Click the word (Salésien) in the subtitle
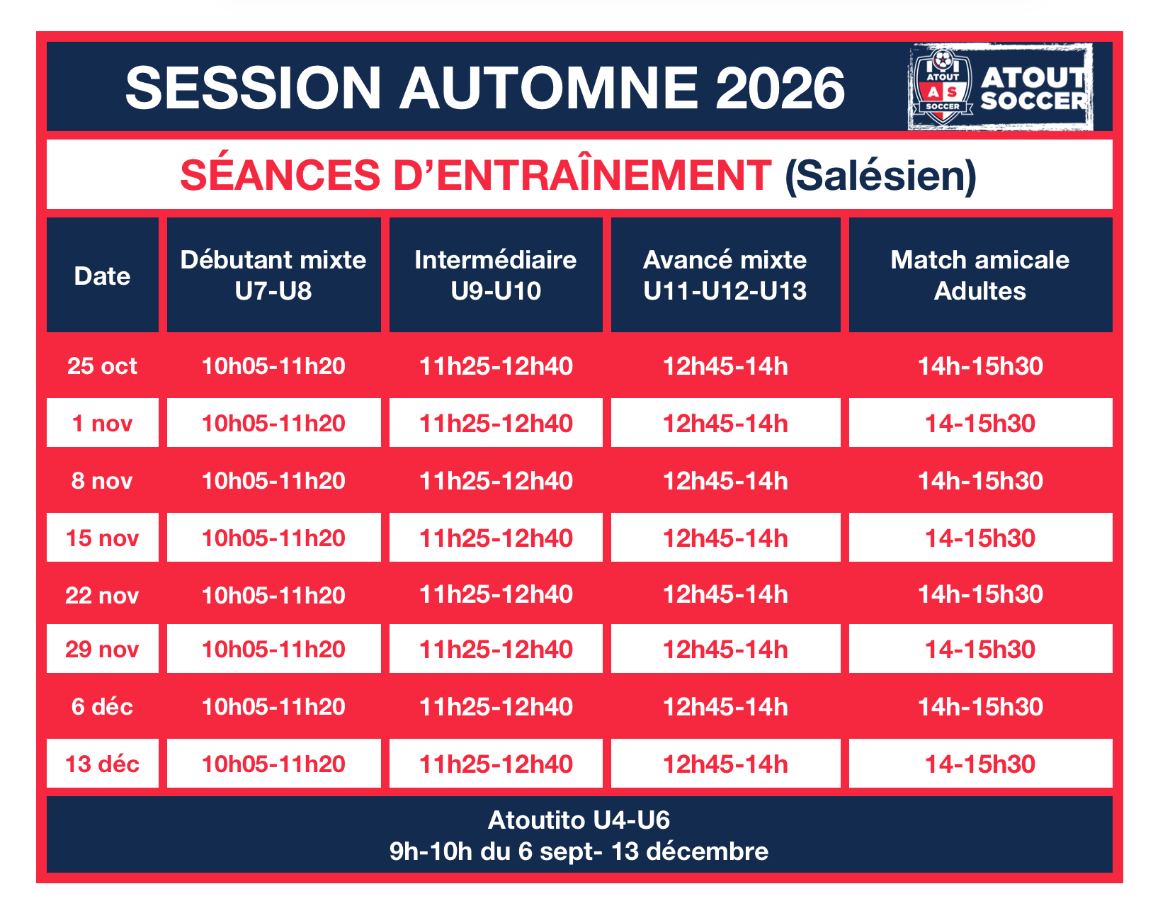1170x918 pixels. [x=880, y=176]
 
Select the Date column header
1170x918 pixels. [x=102, y=275]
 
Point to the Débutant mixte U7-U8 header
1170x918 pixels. [x=273, y=275]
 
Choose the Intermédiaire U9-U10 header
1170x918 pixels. [x=495, y=275]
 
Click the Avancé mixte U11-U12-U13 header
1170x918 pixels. [x=725, y=275]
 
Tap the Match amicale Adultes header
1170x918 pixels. [x=980, y=275]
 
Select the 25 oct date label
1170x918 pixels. [x=102, y=366]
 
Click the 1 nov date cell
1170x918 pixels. [x=102, y=423]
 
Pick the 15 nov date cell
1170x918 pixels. [x=102, y=538]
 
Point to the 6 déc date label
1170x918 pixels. [x=102, y=706]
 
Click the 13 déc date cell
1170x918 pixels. [x=102, y=764]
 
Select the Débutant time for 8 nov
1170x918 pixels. [x=273, y=481]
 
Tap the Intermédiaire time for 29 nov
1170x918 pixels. [x=495, y=649]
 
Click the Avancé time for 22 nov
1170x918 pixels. [x=725, y=594]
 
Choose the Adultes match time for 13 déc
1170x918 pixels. [x=980, y=764]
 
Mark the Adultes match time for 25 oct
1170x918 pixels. [x=980, y=366]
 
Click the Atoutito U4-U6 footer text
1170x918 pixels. [x=579, y=820]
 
